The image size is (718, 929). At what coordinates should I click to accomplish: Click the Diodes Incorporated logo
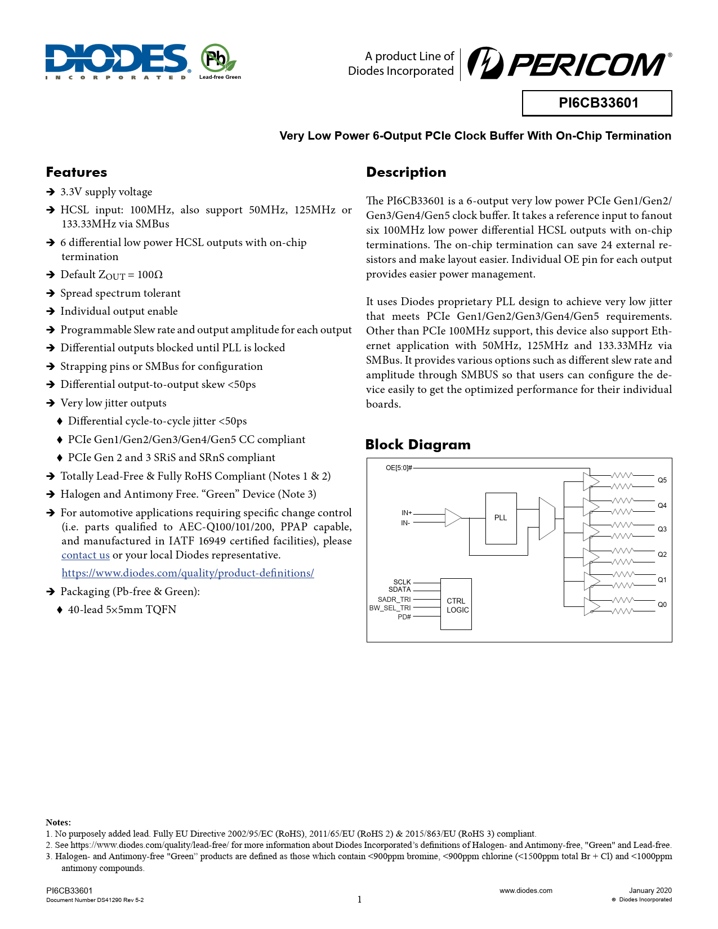117,61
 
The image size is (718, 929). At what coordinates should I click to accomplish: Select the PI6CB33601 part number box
597,103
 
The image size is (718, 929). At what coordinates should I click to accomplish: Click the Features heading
77,172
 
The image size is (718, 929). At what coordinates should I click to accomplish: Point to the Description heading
406,172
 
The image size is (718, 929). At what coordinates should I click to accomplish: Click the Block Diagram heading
418,445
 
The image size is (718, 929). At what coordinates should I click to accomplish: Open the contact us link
86,555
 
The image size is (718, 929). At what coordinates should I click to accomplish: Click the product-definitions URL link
188,573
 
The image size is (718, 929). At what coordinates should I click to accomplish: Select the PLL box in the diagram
501,518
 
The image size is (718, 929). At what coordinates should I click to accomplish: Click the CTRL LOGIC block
456,605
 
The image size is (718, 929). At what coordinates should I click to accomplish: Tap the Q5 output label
662,480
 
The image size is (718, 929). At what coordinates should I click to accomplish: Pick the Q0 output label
662,605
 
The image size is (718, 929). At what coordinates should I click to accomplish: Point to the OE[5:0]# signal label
399,468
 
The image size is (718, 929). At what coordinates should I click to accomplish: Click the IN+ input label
407,513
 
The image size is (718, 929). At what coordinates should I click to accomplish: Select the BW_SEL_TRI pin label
390,608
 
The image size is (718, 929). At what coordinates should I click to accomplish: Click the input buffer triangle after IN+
452,517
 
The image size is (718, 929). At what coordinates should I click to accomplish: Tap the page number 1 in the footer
359,900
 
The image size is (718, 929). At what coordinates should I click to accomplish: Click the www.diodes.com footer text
526,891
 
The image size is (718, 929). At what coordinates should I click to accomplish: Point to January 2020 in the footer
650,891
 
